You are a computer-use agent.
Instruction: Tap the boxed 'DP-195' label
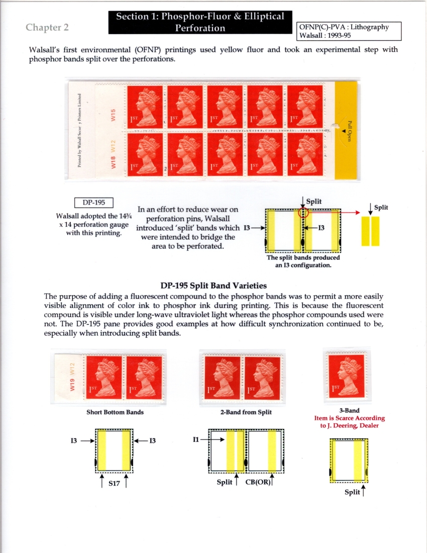[x=94, y=203]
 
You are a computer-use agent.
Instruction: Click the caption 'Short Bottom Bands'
[x=115, y=412]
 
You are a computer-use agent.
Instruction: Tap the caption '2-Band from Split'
[x=246, y=412]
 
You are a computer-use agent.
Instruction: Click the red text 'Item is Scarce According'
[x=349, y=418]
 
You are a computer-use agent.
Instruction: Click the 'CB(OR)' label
[x=260, y=483]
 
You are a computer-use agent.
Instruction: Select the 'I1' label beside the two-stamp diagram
[x=196, y=439]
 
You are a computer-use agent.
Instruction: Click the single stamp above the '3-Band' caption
[x=346, y=375]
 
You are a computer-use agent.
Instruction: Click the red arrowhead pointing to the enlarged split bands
[x=358, y=213]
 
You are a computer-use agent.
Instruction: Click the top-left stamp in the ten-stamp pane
[x=145, y=107]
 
